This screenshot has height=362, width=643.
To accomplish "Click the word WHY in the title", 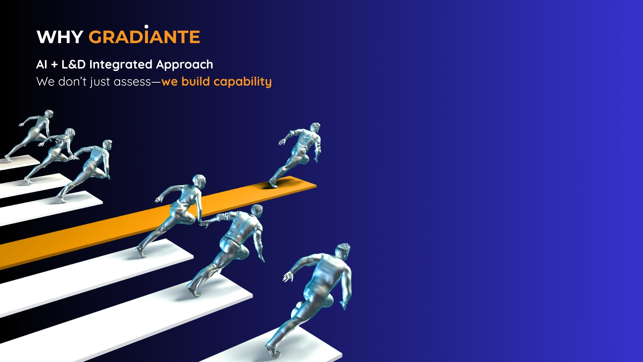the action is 60,37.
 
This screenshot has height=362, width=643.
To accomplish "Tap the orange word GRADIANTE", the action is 144,37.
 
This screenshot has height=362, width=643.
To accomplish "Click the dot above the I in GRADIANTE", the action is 146,26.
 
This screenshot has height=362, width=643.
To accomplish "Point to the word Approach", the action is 185,65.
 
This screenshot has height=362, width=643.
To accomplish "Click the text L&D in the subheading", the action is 74,64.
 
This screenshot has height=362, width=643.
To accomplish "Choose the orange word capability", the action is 243,82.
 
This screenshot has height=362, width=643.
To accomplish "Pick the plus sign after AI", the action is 54,65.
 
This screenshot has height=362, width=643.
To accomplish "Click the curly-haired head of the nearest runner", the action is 343,251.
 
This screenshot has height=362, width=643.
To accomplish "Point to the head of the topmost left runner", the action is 49,114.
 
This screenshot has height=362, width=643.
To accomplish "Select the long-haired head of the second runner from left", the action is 69,133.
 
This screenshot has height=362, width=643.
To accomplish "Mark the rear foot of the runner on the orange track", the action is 273,184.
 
